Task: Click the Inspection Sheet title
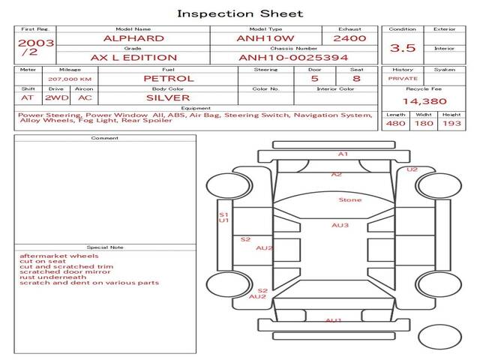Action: coord(240,13)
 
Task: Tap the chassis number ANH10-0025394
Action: coord(293,58)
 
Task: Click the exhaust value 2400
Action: coord(349,38)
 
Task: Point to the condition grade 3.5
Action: coord(403,48)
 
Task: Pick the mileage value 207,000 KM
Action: coord(70,78)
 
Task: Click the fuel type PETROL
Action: coord(168,78)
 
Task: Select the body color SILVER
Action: coord(168,97)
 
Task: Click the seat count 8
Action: coord(356,78)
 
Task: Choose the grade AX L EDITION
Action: coord(133,58)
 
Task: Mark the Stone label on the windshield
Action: coord(349,200)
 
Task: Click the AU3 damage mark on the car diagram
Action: coord(340,225)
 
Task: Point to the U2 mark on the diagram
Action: coord(412,169)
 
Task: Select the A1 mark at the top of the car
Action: coord(343,154)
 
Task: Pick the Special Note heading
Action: coord(105,247)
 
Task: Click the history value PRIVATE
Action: coord(403,78)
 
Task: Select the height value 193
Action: coord(451,124)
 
